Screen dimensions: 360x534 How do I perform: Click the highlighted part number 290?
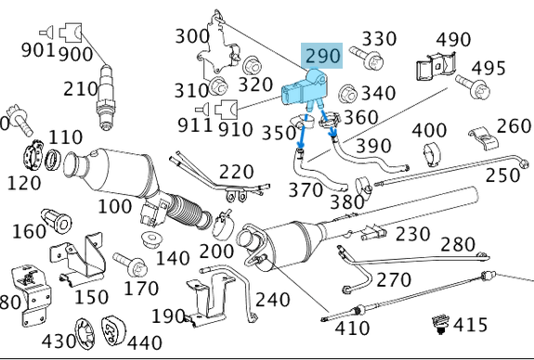(324, 55)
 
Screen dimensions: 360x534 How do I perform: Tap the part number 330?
(379, 38)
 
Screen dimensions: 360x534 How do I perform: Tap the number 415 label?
(470, 325)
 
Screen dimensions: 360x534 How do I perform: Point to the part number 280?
(458, 244)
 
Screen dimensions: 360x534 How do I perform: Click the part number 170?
(141, 288)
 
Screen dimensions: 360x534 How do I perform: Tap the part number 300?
(192, 36)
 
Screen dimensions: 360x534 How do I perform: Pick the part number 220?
(236, 171)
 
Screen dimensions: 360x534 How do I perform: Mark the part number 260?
(514, 125)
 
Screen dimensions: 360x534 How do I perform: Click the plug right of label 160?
(64, 223)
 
